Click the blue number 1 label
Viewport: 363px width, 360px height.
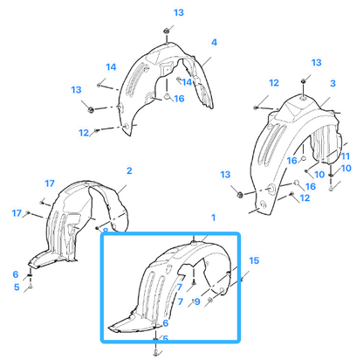coord(214,218)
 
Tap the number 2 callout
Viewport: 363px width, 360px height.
coord(129,170)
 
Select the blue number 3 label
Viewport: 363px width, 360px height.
coord(333,83)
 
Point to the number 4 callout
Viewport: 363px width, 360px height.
coord(214,43)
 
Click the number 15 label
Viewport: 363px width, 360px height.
coord(254,260)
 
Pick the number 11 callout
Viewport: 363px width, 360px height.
coord(346,156)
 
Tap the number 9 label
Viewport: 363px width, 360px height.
coord(197,301)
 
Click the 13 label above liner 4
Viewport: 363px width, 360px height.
coord(179,13)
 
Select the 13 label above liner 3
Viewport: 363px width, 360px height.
coord(316,63)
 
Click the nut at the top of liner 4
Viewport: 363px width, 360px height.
coord(167,31)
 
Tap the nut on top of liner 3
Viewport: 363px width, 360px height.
coord(303,80)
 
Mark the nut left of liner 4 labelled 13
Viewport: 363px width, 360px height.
coord(91,109)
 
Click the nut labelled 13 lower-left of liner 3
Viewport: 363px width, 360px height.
coord(240,194)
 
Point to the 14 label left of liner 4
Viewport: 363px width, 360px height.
coord(111,67)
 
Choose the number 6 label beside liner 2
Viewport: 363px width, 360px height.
coord(16,274)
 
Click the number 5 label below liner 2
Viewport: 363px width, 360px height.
coord(17,287)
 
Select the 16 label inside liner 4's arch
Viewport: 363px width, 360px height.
coord(179,99)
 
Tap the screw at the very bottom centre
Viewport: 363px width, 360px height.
coord(155,352)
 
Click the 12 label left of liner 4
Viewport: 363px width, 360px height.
coord(84,133)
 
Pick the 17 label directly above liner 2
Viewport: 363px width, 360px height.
coord(50,183)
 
